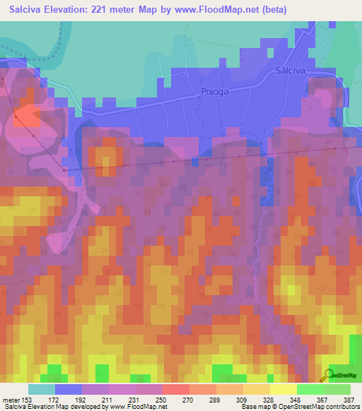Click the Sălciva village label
[x=291, y=71]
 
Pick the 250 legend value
[x=162, y=400]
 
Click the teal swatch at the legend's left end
[x=42, y=389]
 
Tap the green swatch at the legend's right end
[x=337, y=389]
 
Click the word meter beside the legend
[x=11, y=400]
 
